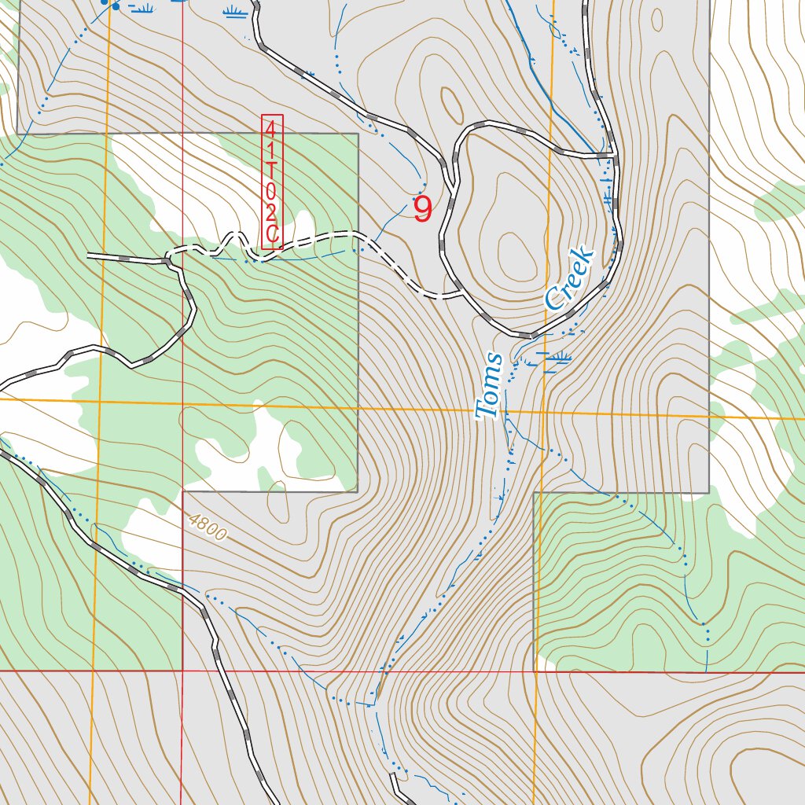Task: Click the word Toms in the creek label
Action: tap(491, 395)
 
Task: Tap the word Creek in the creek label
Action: tap(569, 278)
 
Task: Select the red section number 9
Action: tap(423, 210)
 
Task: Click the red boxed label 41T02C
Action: tap(272, 182)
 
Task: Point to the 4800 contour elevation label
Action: tap(208, 528)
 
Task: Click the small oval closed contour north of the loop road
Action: tap(451, 101)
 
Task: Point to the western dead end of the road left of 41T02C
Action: tap(88, 255)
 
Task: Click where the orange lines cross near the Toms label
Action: tap(543, 411)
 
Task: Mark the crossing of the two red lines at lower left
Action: tap(182, 671)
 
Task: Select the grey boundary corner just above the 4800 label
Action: tap(183, 492)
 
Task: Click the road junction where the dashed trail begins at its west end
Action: tap(171, 255)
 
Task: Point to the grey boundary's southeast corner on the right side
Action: tap(708, 493)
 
